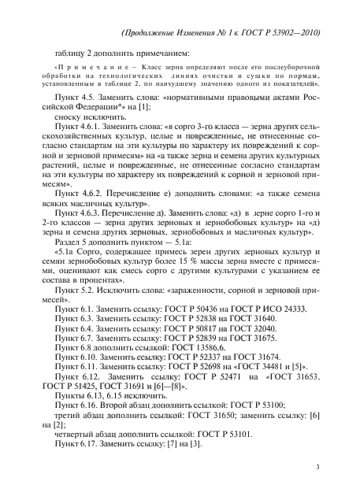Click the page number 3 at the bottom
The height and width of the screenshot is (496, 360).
click(316, 466)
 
